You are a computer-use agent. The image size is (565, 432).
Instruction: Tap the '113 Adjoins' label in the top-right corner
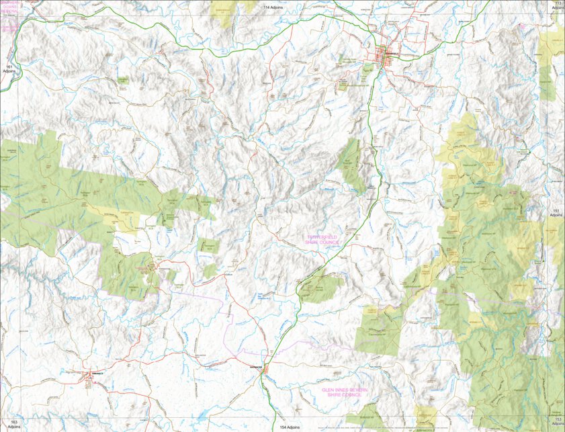pyautogui.click(x=558, y=6)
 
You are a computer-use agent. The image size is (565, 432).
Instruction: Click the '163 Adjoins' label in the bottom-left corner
pyautogui.click(x=9, y=424)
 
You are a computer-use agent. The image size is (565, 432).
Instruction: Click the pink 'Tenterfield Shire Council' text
pyautogui.click(x=324, y=241)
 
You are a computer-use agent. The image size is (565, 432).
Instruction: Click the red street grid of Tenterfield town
pyautogui.click(x=388, y=52)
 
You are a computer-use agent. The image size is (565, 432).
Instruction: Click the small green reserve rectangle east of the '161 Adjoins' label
pyautogui.click(x=123, y=80)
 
